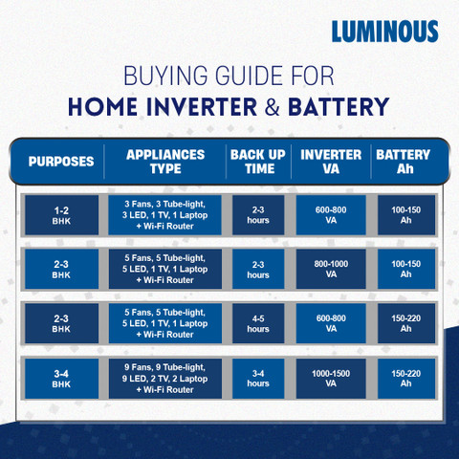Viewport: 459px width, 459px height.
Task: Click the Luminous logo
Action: (384, 32)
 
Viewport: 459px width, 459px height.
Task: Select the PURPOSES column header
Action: (61, 161)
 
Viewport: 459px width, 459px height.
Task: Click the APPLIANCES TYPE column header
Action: (166, 161)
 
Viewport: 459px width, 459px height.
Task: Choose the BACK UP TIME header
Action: (258, 161)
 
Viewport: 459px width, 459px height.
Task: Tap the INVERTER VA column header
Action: (331, 161)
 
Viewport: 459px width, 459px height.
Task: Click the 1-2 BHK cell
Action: (61, 214)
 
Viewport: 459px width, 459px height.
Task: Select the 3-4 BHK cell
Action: (61, 378)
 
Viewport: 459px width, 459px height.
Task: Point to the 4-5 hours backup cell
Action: (258, 323)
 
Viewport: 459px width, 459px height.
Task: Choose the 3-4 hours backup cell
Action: (258, 378)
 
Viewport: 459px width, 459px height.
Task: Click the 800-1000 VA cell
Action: (331, 269)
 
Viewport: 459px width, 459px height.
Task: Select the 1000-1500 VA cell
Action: (331, 378)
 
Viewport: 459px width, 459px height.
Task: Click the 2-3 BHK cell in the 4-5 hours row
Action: (61, 323)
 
